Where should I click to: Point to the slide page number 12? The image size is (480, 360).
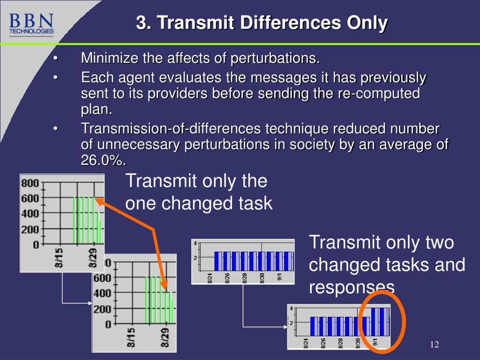434,345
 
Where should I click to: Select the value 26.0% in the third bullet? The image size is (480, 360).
103,160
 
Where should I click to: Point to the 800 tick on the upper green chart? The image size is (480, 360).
30,183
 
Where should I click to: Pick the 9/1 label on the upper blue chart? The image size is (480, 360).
279,277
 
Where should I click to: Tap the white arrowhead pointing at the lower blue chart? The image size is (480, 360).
285,326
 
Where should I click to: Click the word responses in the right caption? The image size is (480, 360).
352,286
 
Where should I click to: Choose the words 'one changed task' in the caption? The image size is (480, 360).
199,203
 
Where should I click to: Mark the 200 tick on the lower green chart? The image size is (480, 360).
102,309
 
